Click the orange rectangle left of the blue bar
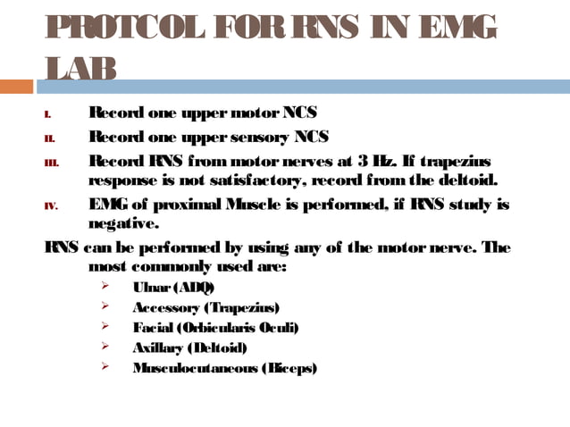[x=16, y=87]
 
